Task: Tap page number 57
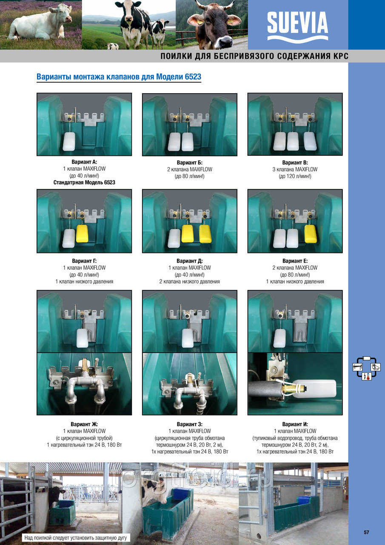pyautogui.click(x=366, y=532)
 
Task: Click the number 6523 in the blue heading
pyautogui.click(x=193, y=77)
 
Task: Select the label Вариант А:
pyautogui.click(x=84, y=162)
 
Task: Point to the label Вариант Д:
pyautogui.click(x=190, y=261)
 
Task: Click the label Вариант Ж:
pyautogui.click(x=84, y=424)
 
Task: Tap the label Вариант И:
pyautogui.click(x=295, y=424)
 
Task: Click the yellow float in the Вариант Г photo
pyautogui.click(x=82, y=234)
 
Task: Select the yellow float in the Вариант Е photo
pyautogui.click(x=311, y=234)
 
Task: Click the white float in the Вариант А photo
pyautogui.click(x=69, y=142)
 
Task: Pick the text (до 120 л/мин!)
pyautogui.click(x=295, y=176)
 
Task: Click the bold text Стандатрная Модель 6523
pyautogui.click(x=84, y=183)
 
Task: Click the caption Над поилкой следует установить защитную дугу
pyautogui.click(x=76, y=537)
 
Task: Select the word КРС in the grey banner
pyautogui.click(x=340, y=56)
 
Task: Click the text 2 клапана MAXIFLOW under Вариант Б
pyautogui.click(x=190, y=169)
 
